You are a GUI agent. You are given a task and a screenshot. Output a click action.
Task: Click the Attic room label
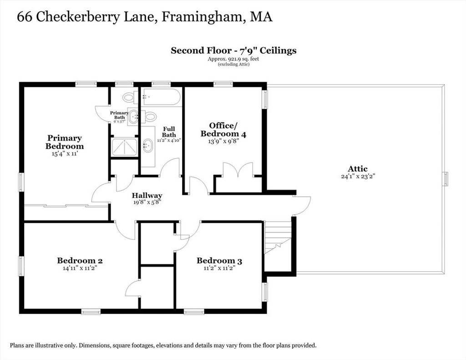358,168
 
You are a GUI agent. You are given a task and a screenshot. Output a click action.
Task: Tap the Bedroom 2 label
80,261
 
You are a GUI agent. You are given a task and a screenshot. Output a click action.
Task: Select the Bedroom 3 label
219,261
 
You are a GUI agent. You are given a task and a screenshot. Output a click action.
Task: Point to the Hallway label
147,195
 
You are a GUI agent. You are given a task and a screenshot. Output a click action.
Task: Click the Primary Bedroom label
65,142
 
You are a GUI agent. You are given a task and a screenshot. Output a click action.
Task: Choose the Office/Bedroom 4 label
223,130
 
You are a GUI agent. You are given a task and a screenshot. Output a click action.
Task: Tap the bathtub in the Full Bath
161,97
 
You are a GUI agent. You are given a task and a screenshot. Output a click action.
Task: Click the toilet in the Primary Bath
130,97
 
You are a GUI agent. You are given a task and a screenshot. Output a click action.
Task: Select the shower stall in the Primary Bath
124,147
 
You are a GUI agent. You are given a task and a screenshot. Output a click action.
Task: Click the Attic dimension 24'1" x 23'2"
358,176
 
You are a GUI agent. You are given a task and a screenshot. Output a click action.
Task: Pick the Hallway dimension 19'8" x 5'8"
147,203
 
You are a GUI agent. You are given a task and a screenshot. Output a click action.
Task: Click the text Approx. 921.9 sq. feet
233,59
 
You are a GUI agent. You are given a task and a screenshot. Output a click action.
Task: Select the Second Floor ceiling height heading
233,50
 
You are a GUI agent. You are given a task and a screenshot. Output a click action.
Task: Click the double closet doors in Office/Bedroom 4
238,170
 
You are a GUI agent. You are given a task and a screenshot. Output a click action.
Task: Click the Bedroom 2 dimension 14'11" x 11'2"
80,268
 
